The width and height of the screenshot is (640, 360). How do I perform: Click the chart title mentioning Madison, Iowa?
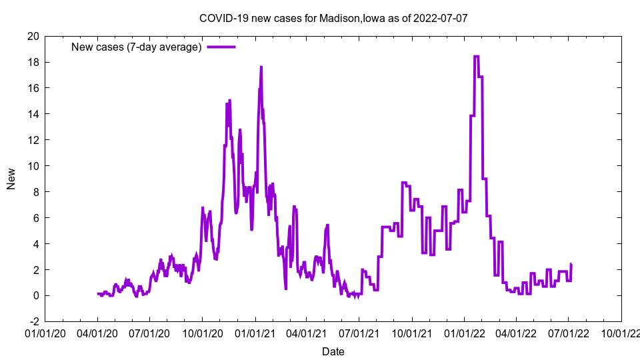pos(333,18)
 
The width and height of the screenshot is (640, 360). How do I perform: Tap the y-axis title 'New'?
pos(11,179)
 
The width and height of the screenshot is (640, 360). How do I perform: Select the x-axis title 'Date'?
pos(333,351)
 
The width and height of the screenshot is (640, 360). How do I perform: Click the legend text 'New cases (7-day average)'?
pos(137,47)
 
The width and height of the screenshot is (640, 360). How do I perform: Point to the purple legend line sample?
pos(221,47)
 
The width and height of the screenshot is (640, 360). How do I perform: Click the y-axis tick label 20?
pos(32,36)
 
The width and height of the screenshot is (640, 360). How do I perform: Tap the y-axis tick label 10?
pos(32,166)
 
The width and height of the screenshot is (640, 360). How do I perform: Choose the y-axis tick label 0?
pos(35,295)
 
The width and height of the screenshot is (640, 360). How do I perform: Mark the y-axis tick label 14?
pos(32,114)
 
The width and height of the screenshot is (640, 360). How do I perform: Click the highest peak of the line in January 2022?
pos(476,57)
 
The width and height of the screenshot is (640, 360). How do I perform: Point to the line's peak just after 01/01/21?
pos(261,67)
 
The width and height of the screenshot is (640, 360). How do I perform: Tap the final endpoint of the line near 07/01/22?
pos(571,265)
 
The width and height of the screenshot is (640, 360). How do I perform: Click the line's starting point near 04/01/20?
pos(98,293)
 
